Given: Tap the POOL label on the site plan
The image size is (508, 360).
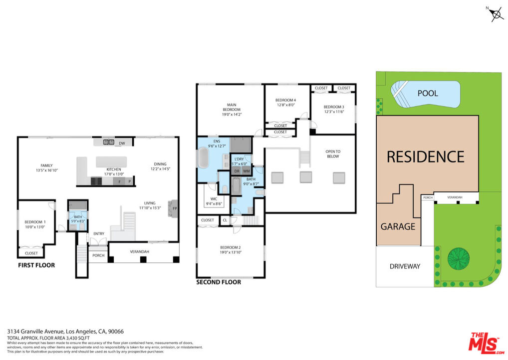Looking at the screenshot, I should coord(428,93).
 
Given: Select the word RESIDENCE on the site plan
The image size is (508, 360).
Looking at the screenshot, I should coord(426,156).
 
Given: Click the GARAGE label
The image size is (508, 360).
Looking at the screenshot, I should coord(398,226).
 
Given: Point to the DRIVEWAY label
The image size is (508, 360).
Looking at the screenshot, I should coord(405,266).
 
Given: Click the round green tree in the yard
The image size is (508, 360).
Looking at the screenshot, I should coord(459,258).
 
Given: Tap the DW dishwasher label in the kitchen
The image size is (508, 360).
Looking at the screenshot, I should coord(121,143).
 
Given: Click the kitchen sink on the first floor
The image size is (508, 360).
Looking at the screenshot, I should coord(108,142).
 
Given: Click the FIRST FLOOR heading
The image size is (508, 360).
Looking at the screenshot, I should coord(36,265).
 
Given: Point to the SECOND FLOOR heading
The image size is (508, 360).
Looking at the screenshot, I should coord(219,282).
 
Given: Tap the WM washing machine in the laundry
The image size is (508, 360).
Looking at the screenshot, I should coord(246,171).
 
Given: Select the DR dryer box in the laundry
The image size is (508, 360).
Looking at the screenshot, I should coord(237,171).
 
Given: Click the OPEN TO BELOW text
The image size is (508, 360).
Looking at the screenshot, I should coord(333,154).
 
